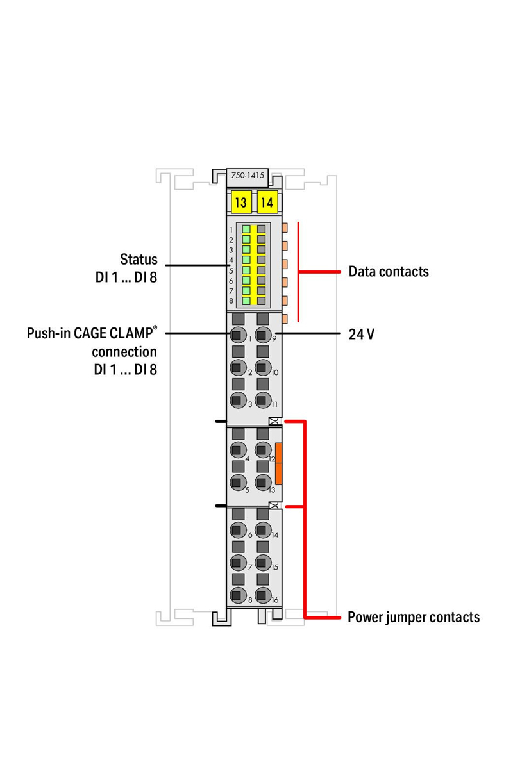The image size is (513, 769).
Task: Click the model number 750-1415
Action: point(248,175)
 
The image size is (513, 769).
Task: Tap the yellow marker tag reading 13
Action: point(240,203)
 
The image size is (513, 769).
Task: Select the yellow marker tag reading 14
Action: point(267,203)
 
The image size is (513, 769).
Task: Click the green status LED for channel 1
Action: point(246,229)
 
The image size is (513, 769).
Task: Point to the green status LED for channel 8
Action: point(246,301)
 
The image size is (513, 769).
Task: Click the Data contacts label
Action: point(389,271)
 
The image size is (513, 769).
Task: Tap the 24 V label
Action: point(362,334)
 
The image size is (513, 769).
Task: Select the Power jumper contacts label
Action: point(414,617)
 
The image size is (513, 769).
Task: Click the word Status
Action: point(139,259)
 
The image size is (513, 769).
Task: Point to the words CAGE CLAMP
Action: point(114,333)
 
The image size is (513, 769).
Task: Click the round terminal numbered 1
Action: point(238,335)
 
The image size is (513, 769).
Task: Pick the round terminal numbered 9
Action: point(263,335)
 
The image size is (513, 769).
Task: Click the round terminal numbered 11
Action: point(263,401)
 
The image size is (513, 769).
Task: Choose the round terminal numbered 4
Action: point(238,450)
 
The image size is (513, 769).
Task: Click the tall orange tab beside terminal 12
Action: point(278,463)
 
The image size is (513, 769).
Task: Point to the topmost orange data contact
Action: point(285,227)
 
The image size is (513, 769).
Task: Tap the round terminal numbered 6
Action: point(238,530)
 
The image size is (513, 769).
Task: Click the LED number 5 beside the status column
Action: point(231,271)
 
